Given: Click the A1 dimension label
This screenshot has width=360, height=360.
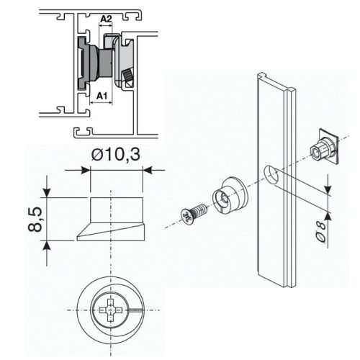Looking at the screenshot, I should tap(102, 94).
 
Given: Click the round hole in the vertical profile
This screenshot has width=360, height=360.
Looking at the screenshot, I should tap(269, 174).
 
